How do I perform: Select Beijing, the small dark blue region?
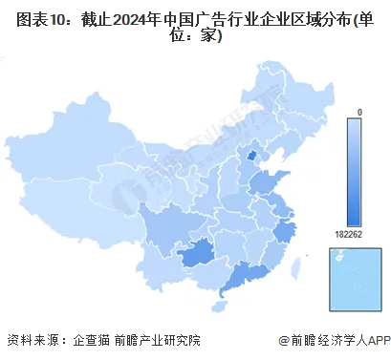(252, 157)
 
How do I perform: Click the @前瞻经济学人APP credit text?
(330, 340)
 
